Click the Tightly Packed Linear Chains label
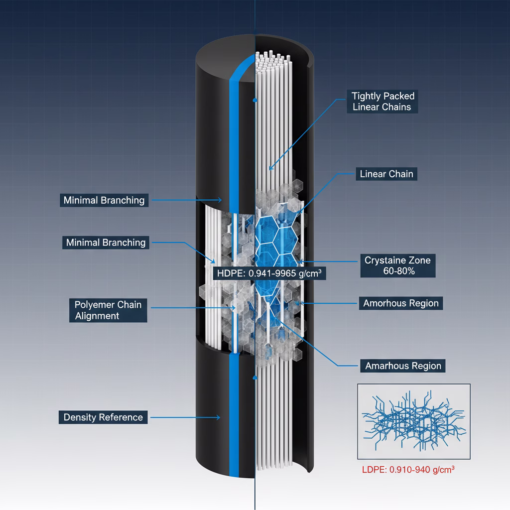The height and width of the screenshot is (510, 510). (382, 101)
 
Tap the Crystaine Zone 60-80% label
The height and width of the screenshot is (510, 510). (397, 265)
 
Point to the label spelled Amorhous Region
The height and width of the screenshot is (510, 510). (400, 303)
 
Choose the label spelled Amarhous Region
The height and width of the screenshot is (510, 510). (403, 366)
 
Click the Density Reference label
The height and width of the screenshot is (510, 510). (103, 417)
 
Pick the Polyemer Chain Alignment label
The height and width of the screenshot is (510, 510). (108, 310)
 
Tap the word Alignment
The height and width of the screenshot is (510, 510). (97, 316)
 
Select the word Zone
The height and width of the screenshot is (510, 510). (419, 260)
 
